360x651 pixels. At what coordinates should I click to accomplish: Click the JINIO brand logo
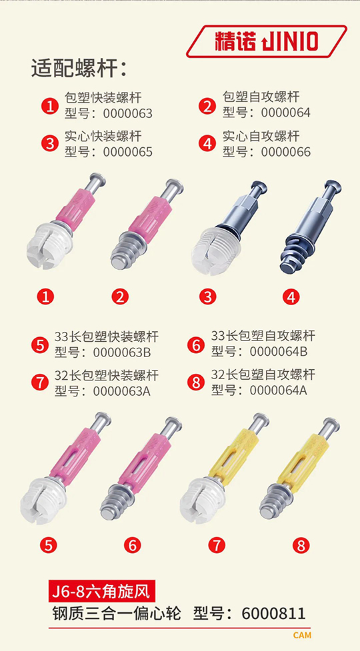coord(266,41)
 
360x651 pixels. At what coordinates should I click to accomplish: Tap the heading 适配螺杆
coord(74,69)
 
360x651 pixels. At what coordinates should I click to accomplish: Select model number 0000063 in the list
coord(127,113)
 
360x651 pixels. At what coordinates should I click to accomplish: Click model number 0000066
coord(286,152)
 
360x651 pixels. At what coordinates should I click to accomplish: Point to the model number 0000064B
coord(279,352)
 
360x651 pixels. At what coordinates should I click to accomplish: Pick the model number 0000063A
coord(121,391)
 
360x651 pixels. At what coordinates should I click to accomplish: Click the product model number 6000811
coord(273,613)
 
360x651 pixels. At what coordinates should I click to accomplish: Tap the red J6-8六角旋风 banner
coord(102,591)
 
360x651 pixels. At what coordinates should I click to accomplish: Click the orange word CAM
coord(302,635)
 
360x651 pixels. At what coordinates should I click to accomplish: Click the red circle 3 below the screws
coord(207,297)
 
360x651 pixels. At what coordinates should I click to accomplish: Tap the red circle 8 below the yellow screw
coord(301,545)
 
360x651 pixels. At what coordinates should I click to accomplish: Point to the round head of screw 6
coord(175,422)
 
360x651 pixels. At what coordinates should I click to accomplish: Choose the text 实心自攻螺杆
coord(261,136)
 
